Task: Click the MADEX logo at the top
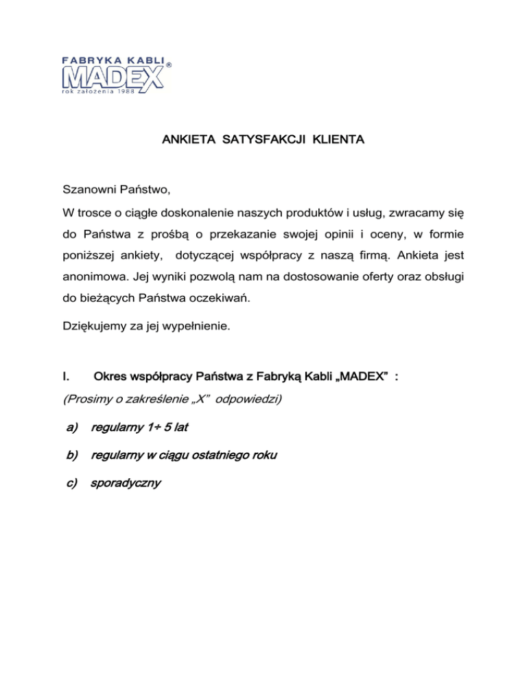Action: click(113, 76)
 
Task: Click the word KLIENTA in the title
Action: click(338, 141)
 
